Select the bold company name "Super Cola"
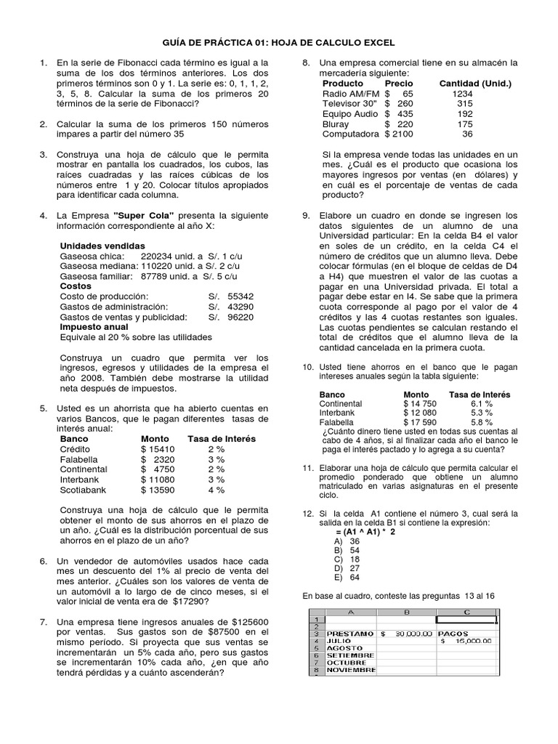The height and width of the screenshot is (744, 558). [x=144, y=216]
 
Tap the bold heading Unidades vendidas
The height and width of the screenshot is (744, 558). [x=102, y=246]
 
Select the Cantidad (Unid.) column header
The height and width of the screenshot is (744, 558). [x=475, y=84]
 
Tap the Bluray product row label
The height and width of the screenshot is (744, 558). [x=336, y=124]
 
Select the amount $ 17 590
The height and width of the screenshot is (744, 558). [x=420, y=422]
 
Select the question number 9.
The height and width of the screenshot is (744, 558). [x=307, y=216]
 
